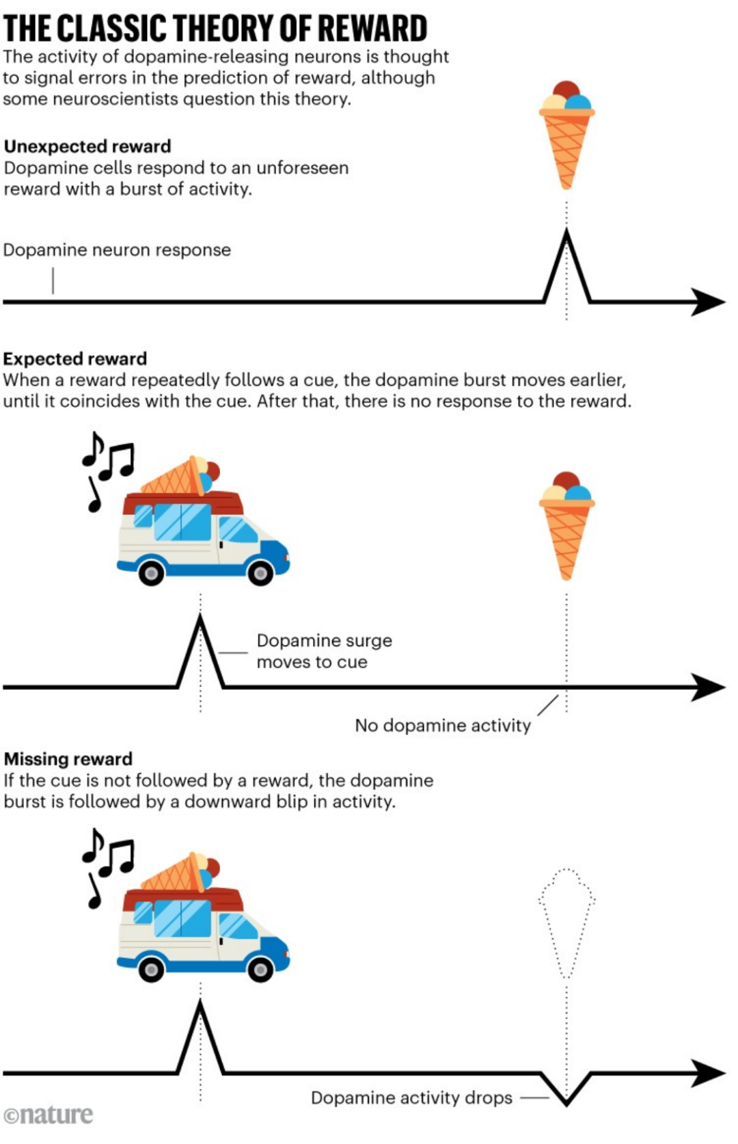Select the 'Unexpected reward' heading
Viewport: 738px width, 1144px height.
(x=87, y=146)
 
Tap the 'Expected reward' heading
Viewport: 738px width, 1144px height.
(x=75, y=359)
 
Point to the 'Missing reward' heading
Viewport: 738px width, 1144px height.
(x=68, y=759)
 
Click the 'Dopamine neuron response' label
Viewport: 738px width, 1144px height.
(x=117, y=250)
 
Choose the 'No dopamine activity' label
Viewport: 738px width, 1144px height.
(x=443, y=726)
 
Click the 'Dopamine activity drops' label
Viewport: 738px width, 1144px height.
(x=411, y=1098)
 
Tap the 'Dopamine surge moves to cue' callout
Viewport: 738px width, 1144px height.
(x=324, y=651)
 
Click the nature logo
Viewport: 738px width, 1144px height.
(x=49, y=1115)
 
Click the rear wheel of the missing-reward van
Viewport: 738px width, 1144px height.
(x=151, y=969)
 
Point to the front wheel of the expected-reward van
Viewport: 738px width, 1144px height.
(x=260, y=572)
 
